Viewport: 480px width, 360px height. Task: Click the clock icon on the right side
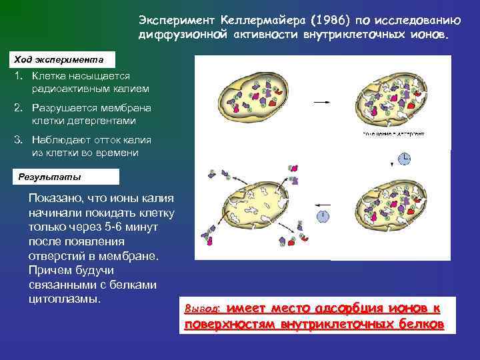click(404, 158)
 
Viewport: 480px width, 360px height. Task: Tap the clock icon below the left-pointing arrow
click(323, 215)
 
